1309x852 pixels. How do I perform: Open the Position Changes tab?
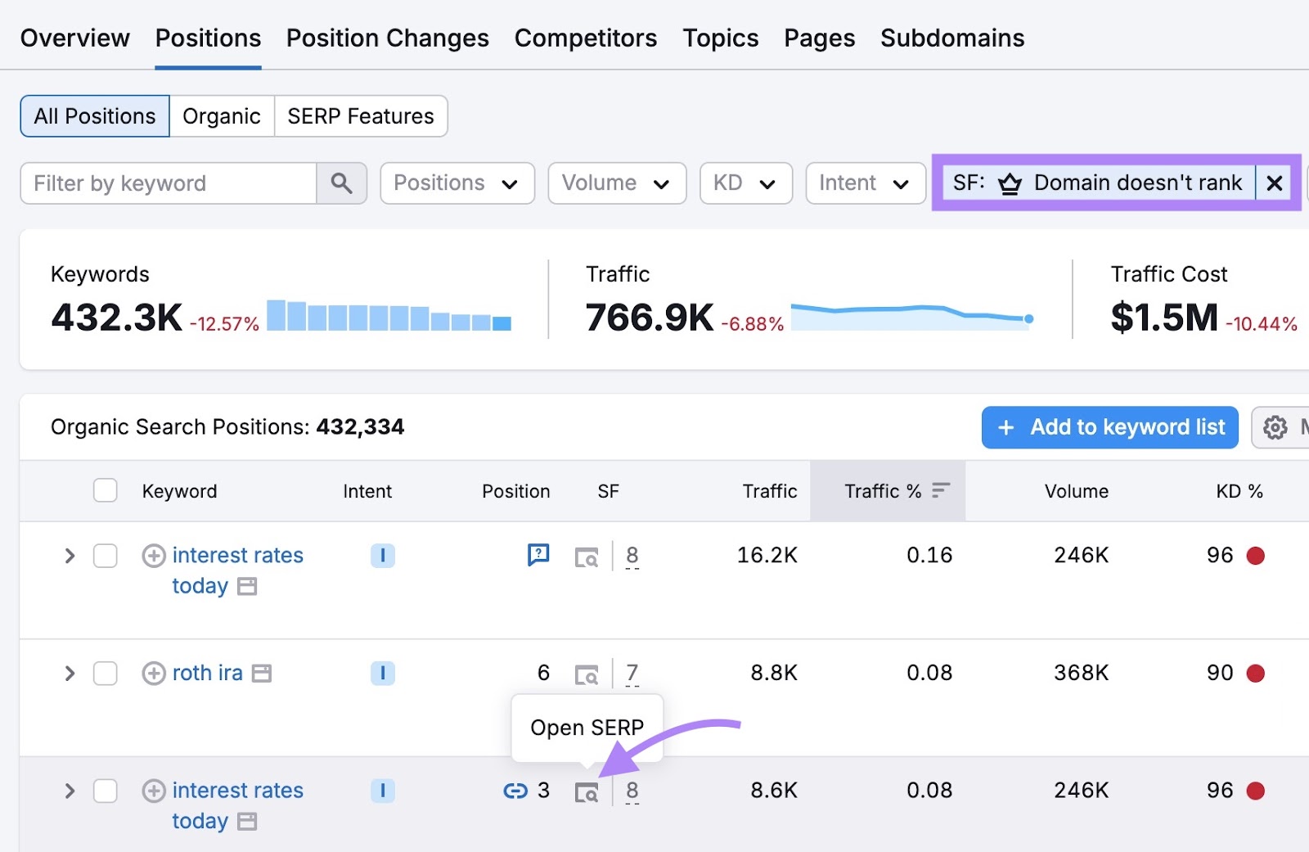coord(387,38)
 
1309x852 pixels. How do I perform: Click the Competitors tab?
coord(585,38)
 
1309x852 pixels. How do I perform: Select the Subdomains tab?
coord(951,38)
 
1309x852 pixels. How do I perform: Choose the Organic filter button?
coord(221,116)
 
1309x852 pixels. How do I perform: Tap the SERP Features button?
coord(360,116)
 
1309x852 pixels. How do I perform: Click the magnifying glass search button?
coord(341,183)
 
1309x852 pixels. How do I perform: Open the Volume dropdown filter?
coord(616,183)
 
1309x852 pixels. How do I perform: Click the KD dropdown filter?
coord(744,183)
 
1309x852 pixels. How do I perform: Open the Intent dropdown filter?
coord(865,183)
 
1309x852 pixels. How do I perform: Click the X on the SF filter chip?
coord(1274,183)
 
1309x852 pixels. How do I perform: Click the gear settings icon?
coord(1275,427)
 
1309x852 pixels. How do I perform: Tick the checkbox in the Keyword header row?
coord(106,491)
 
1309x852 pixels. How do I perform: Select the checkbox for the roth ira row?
coord(106,674)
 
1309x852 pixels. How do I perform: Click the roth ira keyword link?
coord(207,674)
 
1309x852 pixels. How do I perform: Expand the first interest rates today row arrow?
coord(70,557)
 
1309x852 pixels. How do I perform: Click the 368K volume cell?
coord(1081,674)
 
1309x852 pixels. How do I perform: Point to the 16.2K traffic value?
coord(767,556)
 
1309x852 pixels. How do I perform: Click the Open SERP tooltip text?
coord(587,728)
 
